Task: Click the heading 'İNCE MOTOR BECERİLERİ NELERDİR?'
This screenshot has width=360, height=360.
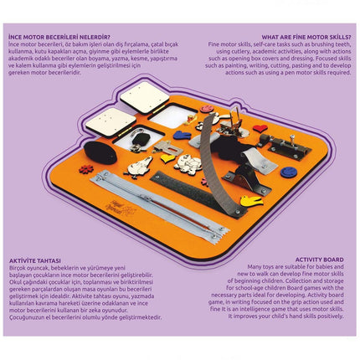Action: click(x=59, y=38)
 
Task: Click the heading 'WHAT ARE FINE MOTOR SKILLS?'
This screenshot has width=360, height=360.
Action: click(x=304, y=38)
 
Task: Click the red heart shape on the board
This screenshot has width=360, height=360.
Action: click(x=260, y=129)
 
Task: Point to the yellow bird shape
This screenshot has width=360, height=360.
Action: click(x=249, y=200)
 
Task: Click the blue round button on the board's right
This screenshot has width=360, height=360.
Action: click(x=289, y=172)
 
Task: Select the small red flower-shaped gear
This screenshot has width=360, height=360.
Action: click(x=85, y=168)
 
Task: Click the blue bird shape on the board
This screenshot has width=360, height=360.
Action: click(x=182, y=134)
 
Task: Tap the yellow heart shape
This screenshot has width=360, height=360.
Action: click(x=169, y=157)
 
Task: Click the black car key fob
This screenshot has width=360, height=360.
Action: click(x=142, y=138)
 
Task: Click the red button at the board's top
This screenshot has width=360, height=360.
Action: click(x=206, y=109)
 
